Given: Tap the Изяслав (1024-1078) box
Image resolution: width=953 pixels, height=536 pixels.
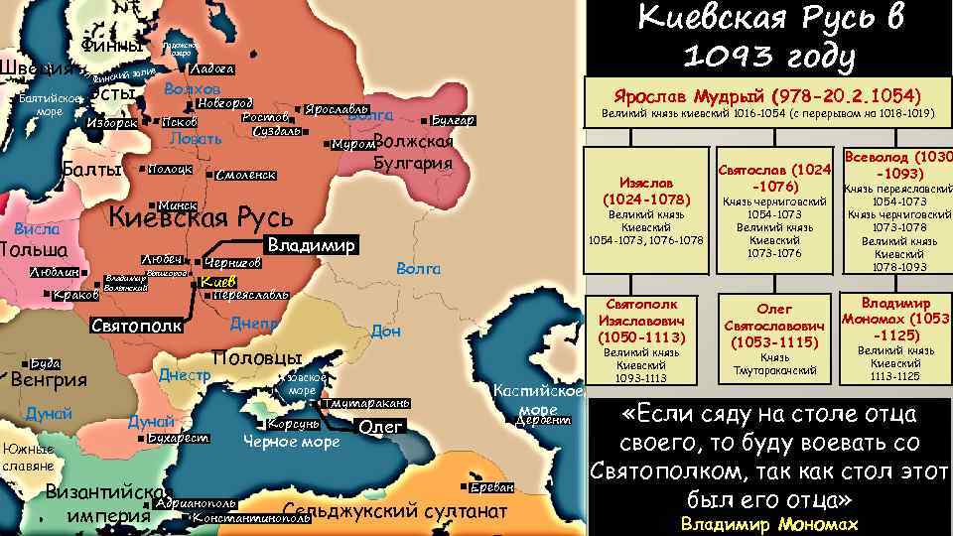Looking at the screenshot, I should [645, 194].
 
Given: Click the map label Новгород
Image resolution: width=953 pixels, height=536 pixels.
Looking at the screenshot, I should [224, 103].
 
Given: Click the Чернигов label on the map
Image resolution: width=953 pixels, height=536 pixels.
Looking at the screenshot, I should [232, 263].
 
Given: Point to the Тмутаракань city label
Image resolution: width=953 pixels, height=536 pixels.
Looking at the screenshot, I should [365, 405].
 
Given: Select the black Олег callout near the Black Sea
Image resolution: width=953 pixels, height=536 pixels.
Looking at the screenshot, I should [381, 427].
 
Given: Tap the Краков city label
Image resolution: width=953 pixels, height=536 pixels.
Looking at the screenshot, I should [75, 295].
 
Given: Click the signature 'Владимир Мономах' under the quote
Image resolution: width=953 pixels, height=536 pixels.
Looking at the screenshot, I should [769, 524].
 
